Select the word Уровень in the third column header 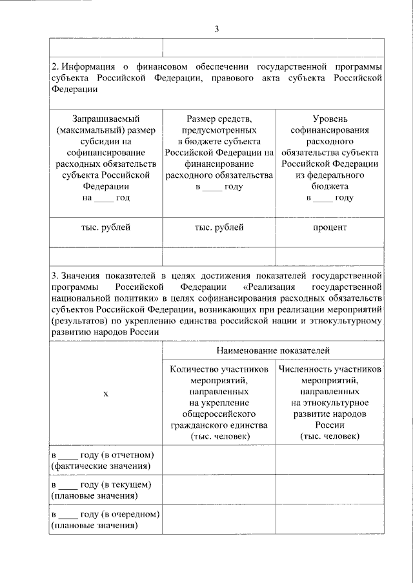pos(329,119)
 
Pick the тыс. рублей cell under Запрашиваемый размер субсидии pos(106,227)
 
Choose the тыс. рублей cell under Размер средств pos(219,227)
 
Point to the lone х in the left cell pos(106,393)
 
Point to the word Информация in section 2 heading pos(88,67)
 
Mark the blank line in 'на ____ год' pos(103,197)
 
